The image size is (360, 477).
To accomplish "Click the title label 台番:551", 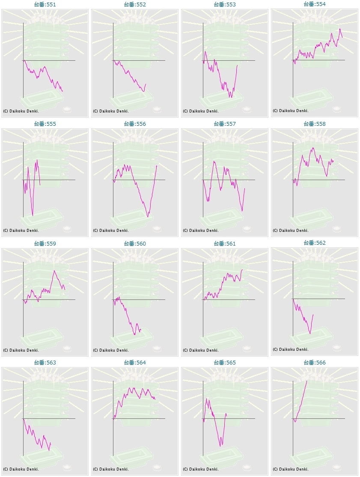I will (45, 4).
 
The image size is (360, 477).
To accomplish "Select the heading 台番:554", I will (315, 4).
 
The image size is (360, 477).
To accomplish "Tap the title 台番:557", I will (225, 124).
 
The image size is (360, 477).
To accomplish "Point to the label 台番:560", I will (135, 244).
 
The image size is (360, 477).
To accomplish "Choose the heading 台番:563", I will (45, 363).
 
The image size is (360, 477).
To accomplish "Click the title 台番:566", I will (315, 363).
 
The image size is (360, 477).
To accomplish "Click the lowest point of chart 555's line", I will (33, 215).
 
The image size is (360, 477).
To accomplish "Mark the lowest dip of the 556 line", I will (148, 217).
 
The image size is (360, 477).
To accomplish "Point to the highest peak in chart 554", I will (340, 29).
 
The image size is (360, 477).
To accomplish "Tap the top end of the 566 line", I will (307, 380).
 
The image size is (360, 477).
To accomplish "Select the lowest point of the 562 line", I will (310, 334).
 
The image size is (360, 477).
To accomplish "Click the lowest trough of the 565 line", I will (221, 446).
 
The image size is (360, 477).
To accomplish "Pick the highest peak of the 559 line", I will (54, 270).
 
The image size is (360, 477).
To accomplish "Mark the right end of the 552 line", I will (146, 84).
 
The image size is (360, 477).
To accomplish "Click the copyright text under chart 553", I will (201, 111).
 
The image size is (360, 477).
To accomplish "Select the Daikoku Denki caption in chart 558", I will (291, 230).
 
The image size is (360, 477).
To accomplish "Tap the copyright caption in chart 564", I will (111, 469).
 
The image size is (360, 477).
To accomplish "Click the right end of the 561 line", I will (242, 270).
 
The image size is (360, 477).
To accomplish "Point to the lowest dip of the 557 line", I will (242, 211).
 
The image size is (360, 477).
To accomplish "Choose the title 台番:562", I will (315, 243).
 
